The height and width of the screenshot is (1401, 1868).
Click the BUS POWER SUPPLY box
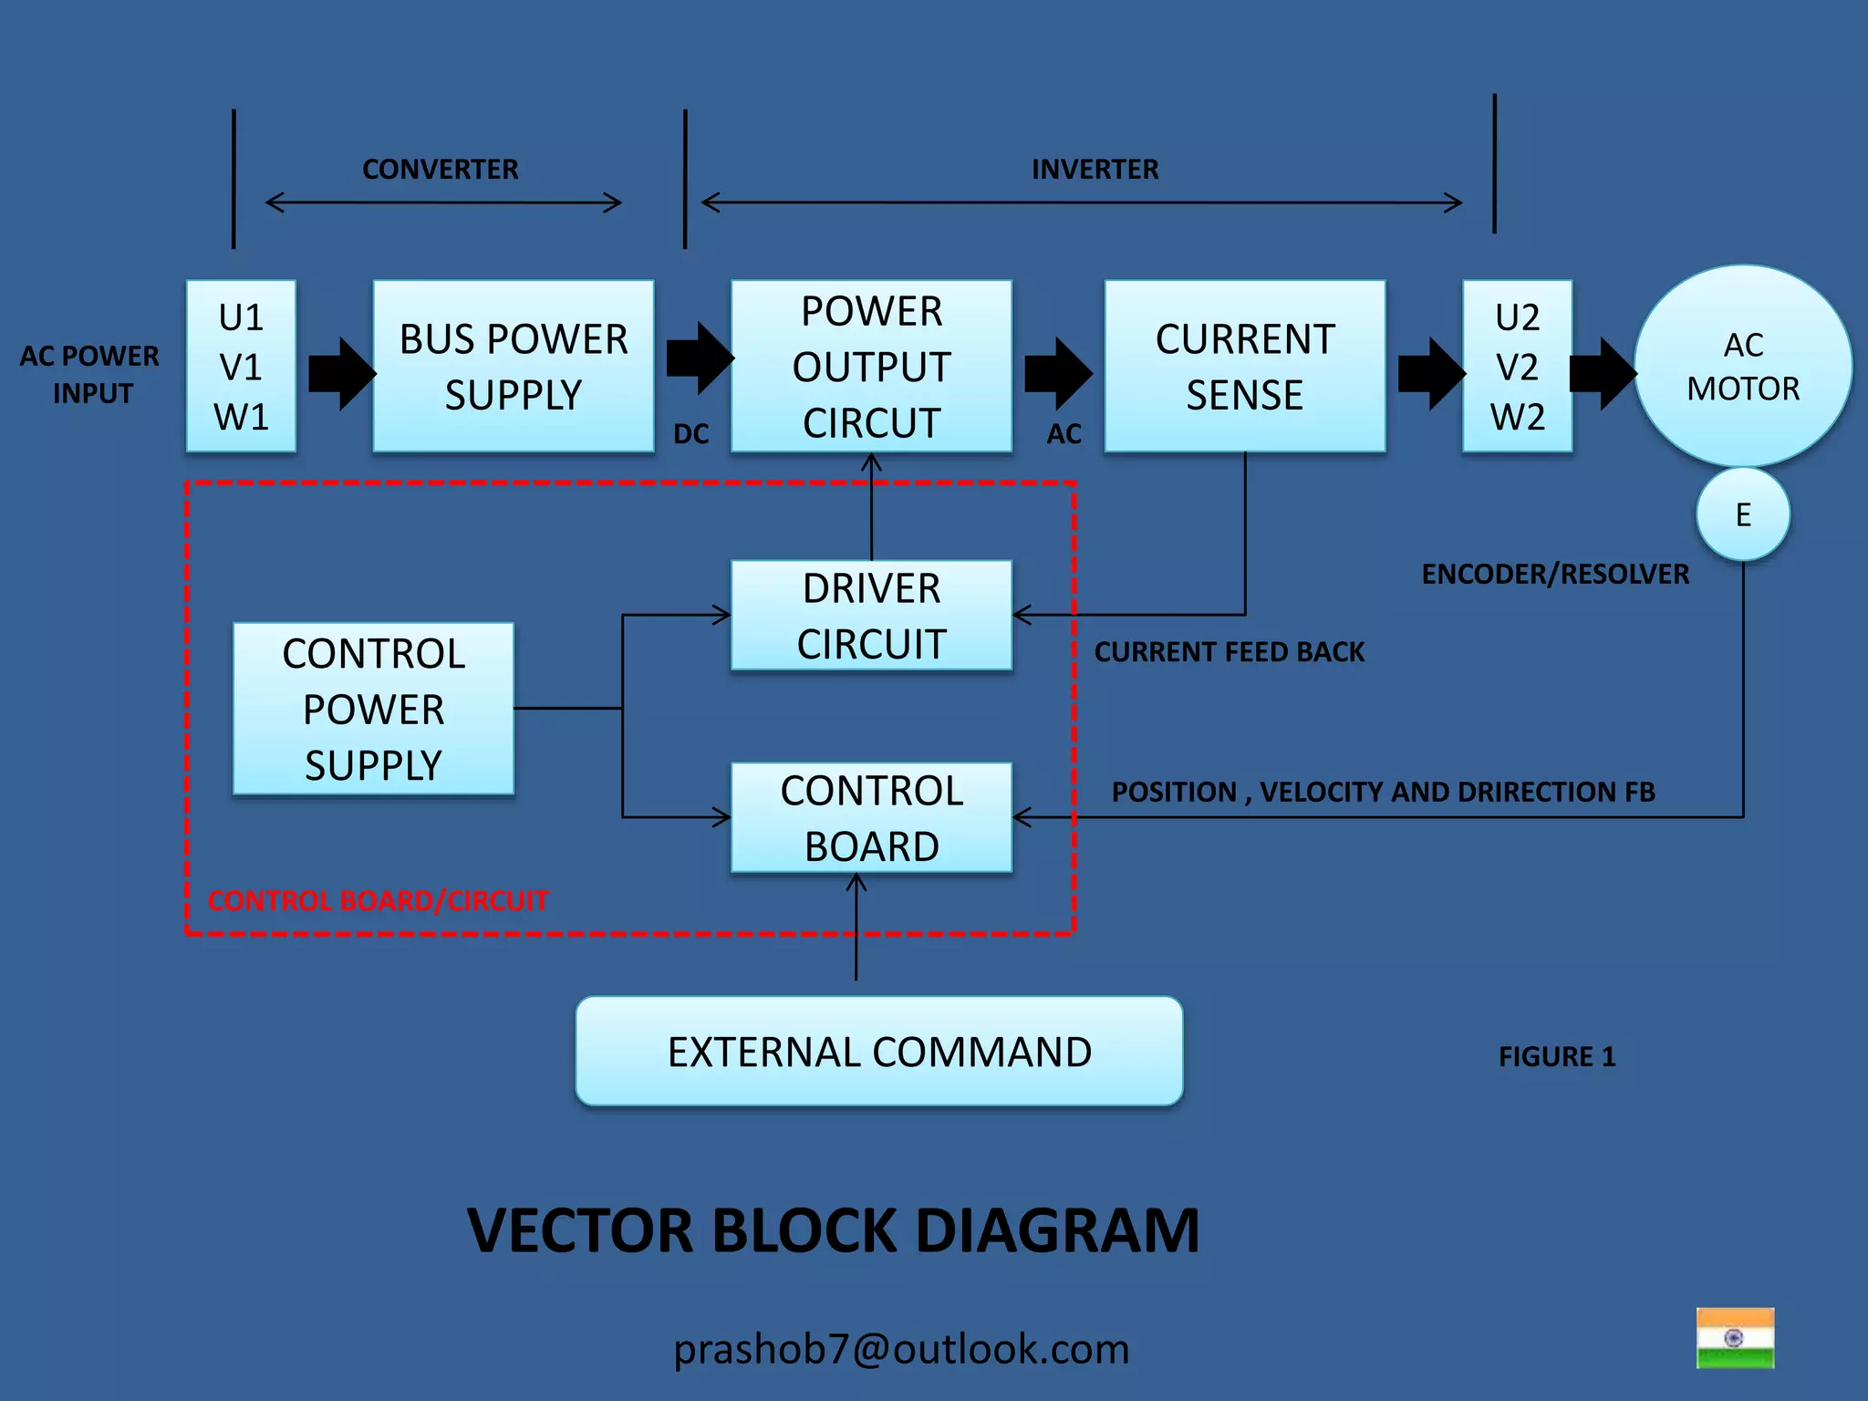click(514, 366)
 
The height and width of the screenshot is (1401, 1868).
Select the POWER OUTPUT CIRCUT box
click(871, 366)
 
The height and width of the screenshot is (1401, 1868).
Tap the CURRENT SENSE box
click(1244, 366)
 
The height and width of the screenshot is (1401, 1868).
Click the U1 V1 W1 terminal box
click(241, 366)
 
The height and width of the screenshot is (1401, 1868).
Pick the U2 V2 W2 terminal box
click(1517, 366)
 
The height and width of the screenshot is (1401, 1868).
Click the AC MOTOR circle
click(1742, 366)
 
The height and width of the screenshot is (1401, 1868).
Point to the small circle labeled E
click(1742, 514)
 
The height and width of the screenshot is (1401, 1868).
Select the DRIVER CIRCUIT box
click(871, 616)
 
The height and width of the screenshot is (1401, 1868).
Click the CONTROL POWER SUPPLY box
click(373, 709)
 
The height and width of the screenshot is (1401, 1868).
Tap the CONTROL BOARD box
click(871, 818)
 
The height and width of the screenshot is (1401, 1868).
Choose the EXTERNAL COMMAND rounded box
click(878, 1052)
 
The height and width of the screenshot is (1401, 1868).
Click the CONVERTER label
click(440, 170)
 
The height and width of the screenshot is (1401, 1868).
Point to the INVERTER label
click(1095, 170)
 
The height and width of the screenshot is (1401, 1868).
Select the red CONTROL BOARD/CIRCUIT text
click(378, 901)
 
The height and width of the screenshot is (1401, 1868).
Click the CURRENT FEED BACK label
click(1229, 652)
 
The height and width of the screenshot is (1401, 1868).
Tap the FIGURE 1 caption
click(1556, 1057)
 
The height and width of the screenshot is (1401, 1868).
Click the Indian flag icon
click(1735, 1338)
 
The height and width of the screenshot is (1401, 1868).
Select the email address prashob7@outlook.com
click(901, 1349)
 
